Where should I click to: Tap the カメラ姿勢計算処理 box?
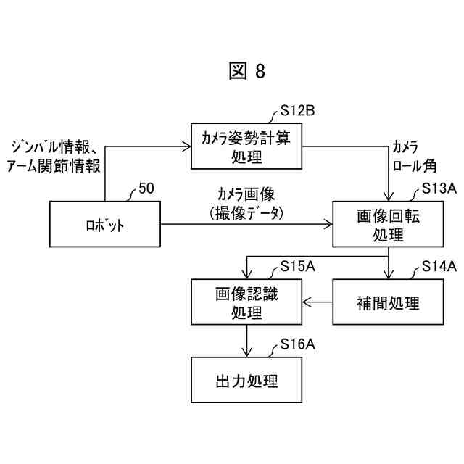tap(246, 146)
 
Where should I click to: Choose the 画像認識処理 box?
tap(246, 302)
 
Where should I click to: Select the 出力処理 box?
tap(246, 380)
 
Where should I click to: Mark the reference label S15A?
tap(297, 267)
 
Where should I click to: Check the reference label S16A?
tap(297, 345)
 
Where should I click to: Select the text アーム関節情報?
tap(52, 166)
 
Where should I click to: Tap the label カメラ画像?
tap(246, 194)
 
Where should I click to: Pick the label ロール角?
tap(414, 166)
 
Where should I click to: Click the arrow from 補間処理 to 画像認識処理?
tap(317, 302)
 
